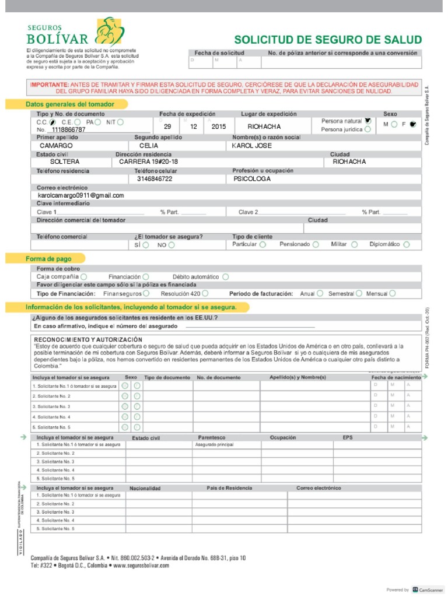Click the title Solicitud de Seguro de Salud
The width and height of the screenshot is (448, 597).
coord(327,40)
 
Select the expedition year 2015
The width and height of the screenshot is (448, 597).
coord(219,127)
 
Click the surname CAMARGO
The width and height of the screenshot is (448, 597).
coord(56,145)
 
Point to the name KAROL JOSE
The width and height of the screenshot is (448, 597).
coord(252,145)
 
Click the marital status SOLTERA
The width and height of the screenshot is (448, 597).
coord(65,162)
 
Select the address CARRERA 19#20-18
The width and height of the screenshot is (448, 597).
coord(149,162)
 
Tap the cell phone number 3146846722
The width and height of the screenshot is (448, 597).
coord(155,179)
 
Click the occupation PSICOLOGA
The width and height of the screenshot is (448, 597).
coord(252,179)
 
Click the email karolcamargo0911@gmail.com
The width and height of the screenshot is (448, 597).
coord(81,195)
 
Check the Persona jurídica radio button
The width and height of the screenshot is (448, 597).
coord(367,129)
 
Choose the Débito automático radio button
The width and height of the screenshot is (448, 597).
coord(225,276)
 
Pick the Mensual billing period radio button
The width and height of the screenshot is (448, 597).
coord(393,293)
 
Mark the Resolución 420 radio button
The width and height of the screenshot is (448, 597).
coord(206,293)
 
